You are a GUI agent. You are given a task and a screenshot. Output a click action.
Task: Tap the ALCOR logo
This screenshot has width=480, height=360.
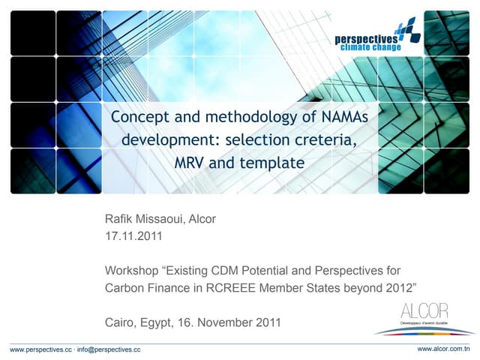tap(424, 318)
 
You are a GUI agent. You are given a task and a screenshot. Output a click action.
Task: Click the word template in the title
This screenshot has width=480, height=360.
tap(273, 162)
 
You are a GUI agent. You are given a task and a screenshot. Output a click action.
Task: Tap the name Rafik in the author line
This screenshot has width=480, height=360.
tap(119, 220)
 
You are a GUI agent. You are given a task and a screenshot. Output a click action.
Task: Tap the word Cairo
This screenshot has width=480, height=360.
tap(119, 322)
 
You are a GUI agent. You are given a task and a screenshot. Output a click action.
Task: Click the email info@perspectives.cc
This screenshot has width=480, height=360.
tap(110, 349)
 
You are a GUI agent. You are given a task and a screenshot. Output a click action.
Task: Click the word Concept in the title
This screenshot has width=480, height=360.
tap(136, 117)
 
